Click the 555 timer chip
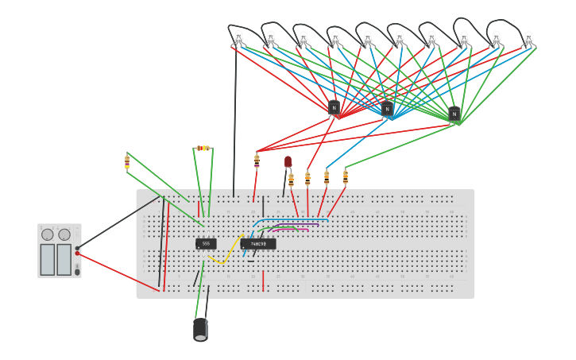206,243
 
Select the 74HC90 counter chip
258,244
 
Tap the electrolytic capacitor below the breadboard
200,329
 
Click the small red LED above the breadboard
288,161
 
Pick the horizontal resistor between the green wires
203,148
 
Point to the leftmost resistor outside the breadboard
127,162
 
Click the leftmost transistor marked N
334,107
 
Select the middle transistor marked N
387,109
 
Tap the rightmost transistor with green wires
454,114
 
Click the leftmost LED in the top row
238,37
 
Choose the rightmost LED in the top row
528,37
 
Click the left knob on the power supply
48,234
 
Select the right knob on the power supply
64,234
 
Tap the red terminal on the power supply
77,254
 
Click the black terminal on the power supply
77,248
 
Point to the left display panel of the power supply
48,259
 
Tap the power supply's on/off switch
77,271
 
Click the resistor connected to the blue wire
327,178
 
